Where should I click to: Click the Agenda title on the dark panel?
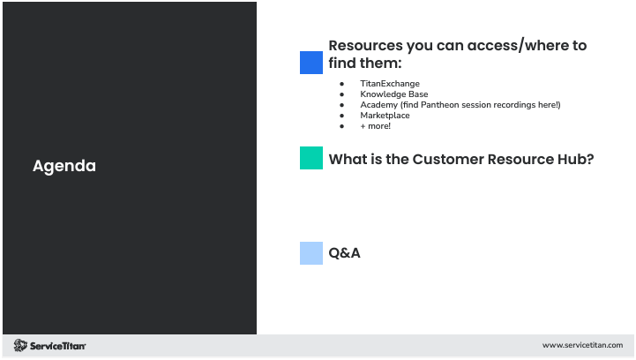click(x=64, y=166)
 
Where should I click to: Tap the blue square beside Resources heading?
click(x=311, y=63)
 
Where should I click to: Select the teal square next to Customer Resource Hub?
click(x=311, y=158)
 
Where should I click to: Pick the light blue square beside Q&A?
click(x=311, y=253)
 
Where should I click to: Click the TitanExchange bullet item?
click(x=389, y=84)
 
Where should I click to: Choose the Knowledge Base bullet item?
click(x=393, y=94)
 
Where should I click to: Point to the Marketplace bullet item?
click(x=385, y=116)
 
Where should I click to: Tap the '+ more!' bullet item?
click(x=375, y=126)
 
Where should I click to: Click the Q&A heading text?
click(x=344, y=253)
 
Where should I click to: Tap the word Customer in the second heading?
click(x=447, y=159)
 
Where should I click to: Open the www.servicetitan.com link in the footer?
click(x=582, y=345)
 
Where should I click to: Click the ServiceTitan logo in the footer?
click(x=49, y=345)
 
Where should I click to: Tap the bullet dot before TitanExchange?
click(x=341, y=84)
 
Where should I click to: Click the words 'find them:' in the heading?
click(x=364, y=64)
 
